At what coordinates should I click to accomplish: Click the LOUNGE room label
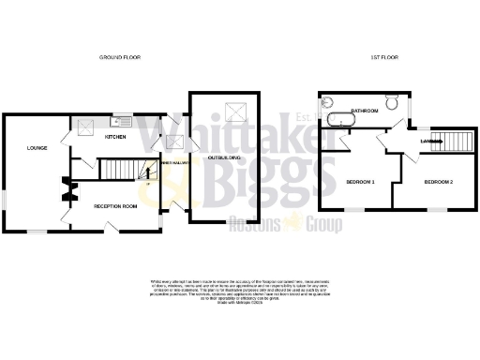tap(37, 147)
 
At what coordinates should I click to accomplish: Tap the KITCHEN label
tap(115, 138)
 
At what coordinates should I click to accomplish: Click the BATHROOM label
tap(364, 111)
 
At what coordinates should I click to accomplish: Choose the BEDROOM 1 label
tap(360, 181)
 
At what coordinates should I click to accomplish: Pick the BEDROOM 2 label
tap(438, 181)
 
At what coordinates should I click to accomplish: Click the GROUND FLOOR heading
tap(120, 57)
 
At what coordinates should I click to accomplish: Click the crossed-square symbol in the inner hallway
tap(173, 142)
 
